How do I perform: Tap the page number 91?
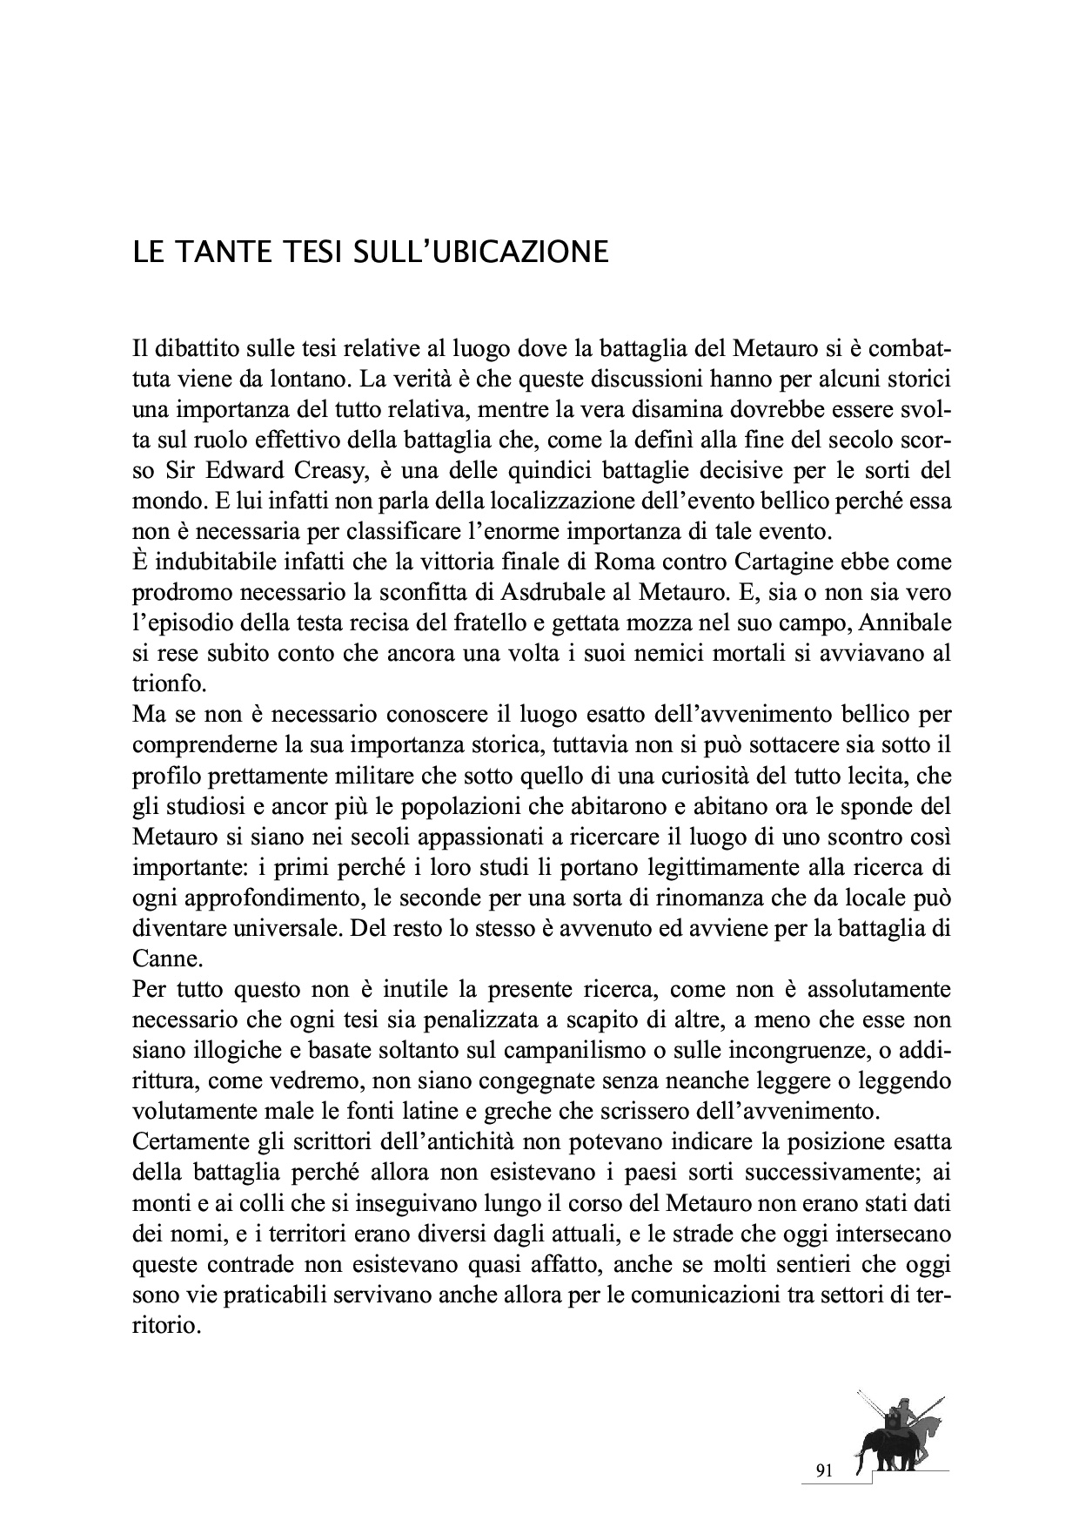pos(825,1471)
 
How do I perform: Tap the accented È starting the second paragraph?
pos(141,562)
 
